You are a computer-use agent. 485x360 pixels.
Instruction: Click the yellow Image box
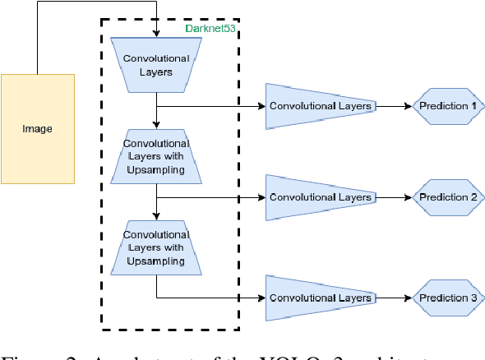click(x=38, y=128)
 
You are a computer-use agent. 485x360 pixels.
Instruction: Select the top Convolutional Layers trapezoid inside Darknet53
click(x=156, y=65)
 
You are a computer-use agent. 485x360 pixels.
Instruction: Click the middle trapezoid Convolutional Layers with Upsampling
click(x=156, y=156)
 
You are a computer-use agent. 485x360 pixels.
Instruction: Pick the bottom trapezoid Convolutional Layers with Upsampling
click(x=156, y=247)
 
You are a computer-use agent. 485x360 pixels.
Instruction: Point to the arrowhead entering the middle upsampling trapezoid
click(x=156, y=125)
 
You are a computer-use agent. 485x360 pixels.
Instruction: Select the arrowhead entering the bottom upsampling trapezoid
click(x=156, y=216)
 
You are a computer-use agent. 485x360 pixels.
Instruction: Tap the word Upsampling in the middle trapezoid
click(x=156, y=170)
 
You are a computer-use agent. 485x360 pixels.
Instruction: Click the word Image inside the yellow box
click(x=38, y=129)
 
